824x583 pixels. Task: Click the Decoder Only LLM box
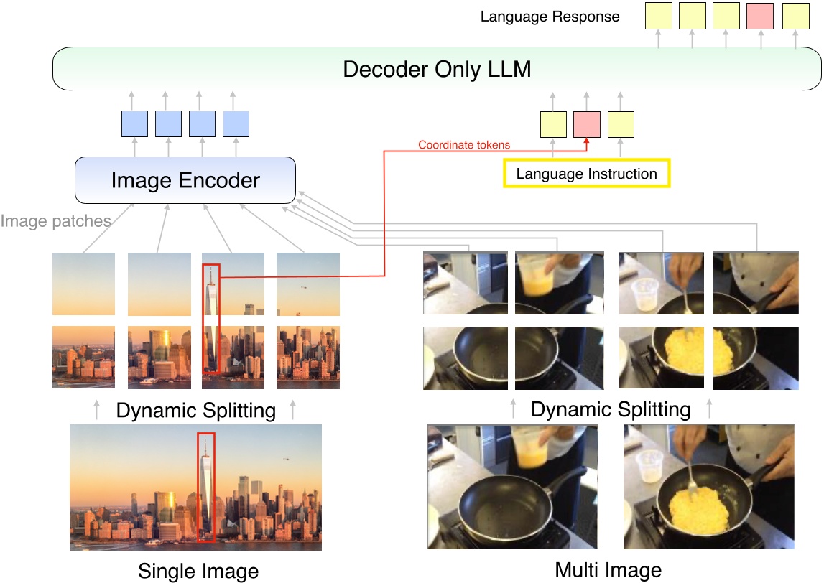(x=437, y=69)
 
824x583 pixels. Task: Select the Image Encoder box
(x=185, y=179)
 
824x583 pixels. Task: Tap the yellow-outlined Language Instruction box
(x=586, y=174)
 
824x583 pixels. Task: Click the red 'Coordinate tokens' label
(x=464, y=145)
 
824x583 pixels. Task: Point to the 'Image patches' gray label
(x=55, y=221)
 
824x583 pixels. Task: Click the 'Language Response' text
(x=550, y=16)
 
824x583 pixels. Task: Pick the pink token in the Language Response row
(x=761, y=16)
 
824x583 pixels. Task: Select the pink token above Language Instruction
(x=586, y=124)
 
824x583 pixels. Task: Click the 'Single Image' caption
(x=198, y=572)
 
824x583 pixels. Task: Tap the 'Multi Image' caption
(x=608, y=571)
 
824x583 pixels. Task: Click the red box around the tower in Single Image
(x=205, y=488)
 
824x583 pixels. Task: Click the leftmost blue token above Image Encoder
(x=134, y=124)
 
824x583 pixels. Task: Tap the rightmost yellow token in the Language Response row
(x=795, y=16)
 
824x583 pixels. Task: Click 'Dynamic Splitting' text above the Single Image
(x=195, y=411)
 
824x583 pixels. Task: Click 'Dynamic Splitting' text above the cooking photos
(x=611, y=410)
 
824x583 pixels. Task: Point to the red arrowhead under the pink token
(x=586, y=141)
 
